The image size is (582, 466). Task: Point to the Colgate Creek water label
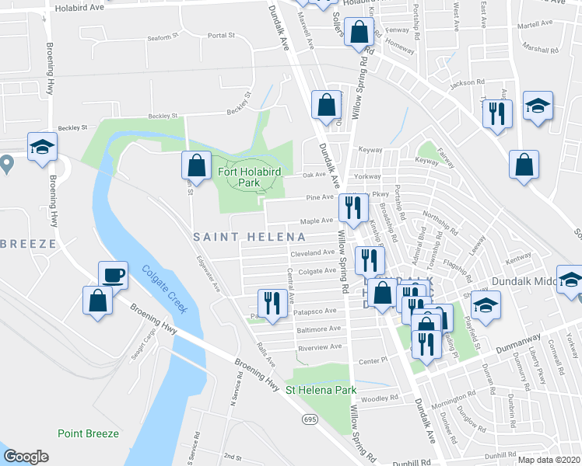[x=163, y=288]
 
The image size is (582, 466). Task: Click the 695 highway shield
[x=309, y=419]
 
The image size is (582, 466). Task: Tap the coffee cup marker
[x=113, y=275]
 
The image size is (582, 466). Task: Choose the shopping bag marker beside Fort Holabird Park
[x=197, y=165]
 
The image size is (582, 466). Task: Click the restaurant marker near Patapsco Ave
[x=272, y=303]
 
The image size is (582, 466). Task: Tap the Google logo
[x=26, y=457]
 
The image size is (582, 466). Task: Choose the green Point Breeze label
[x=88, y=433]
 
